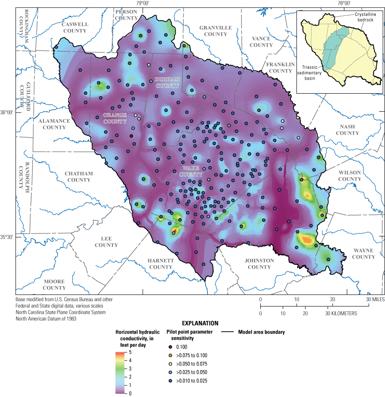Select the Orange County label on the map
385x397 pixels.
pos(115,118)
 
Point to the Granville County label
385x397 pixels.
pos(216,31)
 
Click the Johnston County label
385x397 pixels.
pos(259,264)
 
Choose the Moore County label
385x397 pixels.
pos(54,284)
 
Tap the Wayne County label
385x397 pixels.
pos(363,254)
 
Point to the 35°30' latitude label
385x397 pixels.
pos(7,237)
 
